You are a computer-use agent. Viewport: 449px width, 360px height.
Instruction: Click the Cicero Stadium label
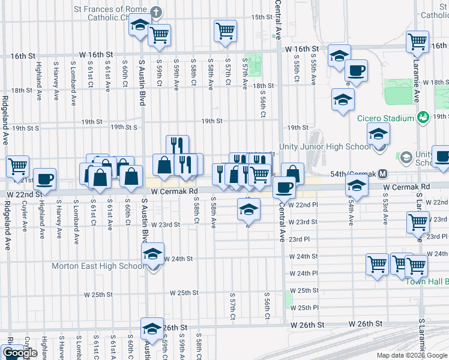pyautogui.click(x=389, y=116)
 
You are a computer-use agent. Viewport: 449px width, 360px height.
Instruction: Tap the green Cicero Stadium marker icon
pyautogui.click(x=423, y=116)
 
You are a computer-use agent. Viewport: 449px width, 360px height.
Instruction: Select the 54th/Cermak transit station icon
pyautogui.click(x=382, y=174)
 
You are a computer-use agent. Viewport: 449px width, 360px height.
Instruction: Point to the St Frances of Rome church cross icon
pyautogui.click(x=156, y=11)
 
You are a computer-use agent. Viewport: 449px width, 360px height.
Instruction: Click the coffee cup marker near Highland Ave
pyautogui.click(x=44, y=179)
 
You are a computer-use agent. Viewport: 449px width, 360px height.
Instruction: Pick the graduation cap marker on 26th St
pyautogui.click(x=152, y=329)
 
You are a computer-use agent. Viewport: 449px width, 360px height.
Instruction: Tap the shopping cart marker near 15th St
pyautogui.click(x=225, y=30)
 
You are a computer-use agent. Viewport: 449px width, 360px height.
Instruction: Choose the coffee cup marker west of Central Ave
pyautogui.click(x=283, y=187)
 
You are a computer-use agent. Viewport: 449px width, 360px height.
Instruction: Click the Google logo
pyautogui.click(x=20, y=353)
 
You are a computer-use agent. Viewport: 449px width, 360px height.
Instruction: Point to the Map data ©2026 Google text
pyautogui.click(x=411, y=355)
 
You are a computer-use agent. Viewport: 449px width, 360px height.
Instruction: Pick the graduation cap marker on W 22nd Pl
pyautogui.click(x=248, y=210)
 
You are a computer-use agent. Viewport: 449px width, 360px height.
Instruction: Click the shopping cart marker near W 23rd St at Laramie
pyautogui.click(x=418, y=222)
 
